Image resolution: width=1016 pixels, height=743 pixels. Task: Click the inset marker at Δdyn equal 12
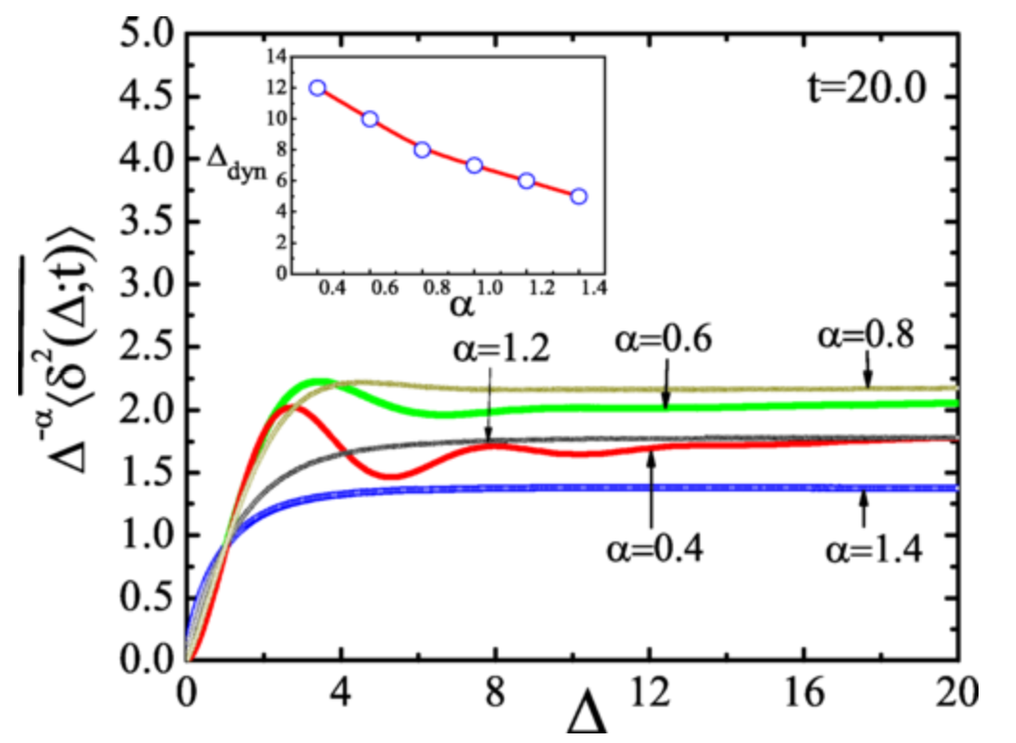(317, 87)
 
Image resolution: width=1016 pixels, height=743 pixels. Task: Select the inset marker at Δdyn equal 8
(422, 150)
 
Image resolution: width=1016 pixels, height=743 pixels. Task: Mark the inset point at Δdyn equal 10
(370, 119)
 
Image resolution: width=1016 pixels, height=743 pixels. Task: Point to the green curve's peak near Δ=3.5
(321, 383)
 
